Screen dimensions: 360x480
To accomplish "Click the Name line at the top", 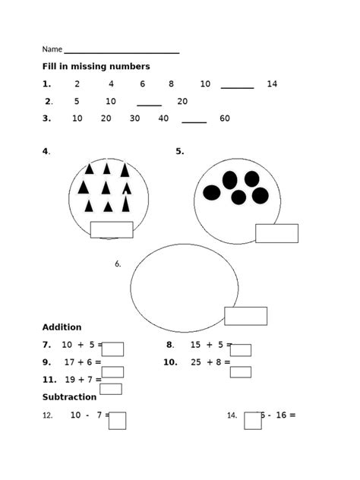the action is click(122, 52).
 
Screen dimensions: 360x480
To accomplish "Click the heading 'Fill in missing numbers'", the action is click(96, 67).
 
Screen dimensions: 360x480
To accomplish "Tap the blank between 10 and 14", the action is click(237, 87).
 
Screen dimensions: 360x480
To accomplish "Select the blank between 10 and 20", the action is click(149, 104).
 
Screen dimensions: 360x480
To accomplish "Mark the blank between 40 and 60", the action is click(194, 121).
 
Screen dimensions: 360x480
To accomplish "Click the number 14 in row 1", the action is click(272, 84).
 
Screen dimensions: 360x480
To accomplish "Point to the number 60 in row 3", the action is click(225, 118).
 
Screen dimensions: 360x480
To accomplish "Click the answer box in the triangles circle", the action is click(112, 229).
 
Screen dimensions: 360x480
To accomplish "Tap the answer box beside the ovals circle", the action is click(276, 233).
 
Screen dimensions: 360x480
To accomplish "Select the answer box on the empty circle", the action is click(245, 316).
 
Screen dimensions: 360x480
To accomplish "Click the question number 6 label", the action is click(118, 264).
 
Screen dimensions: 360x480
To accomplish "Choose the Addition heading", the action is click(62, 327).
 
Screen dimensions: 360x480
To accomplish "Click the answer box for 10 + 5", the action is click(112, 349).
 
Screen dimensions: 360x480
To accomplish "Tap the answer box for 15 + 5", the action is click(241, 350).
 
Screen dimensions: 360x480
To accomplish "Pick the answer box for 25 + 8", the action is click(241, 372).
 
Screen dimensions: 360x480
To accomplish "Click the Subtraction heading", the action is click(69, 397).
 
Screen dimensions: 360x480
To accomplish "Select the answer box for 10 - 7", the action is click(117, 421).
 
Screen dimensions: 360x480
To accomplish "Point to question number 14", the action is click(232, 415).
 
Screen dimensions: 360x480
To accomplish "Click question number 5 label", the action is click(180, 151).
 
